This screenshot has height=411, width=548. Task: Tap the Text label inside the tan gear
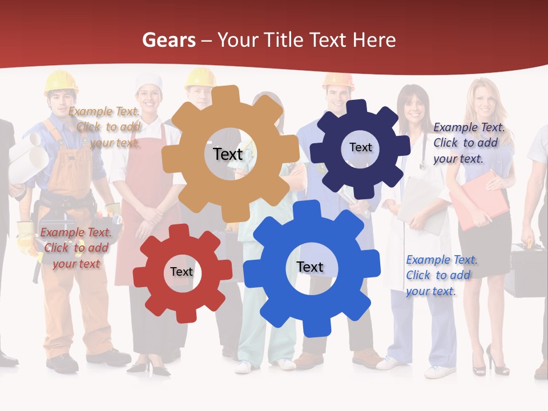pyautogui.click(x=228, y=154)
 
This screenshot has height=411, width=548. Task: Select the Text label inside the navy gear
pyautogui.click(x=361, y=147)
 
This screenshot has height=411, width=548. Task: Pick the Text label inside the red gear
pyautogui.click(x=182, y=272)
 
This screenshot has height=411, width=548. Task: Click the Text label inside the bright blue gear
pyautogui.click(x=310, y=267)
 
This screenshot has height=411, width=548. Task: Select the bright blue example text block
pyautogui.click(x=441, y=275)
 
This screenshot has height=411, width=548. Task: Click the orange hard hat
pyautogui.click(x=338, y=80)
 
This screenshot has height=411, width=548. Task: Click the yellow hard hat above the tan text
pyautogui.click(x=61, y=81)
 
